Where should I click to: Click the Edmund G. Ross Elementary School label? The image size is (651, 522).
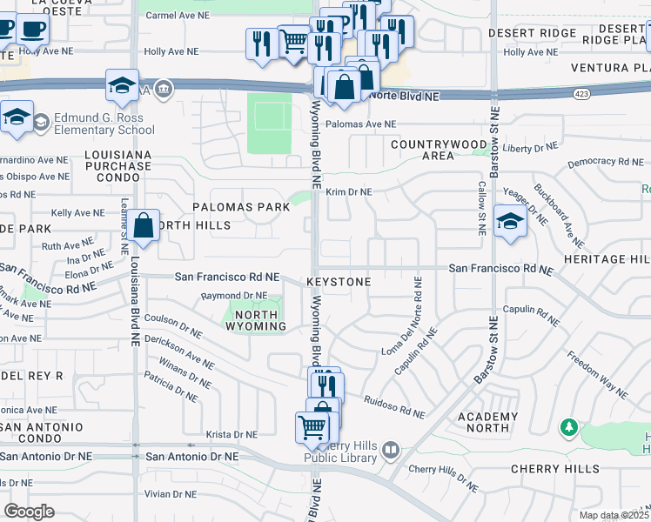coord(104,124)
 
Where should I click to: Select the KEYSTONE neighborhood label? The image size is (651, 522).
coord(339,283)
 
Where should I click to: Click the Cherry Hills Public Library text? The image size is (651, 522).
coord(340,452)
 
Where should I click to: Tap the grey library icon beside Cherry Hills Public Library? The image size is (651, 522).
coord(391,450)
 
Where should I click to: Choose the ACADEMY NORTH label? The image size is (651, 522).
coord(488,423)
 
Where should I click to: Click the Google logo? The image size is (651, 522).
coord(30,511)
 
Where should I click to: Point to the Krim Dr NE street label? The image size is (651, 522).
coord(349,192)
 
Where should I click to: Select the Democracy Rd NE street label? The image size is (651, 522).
coord(605,163)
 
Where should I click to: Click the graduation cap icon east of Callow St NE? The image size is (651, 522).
coord(509,221)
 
